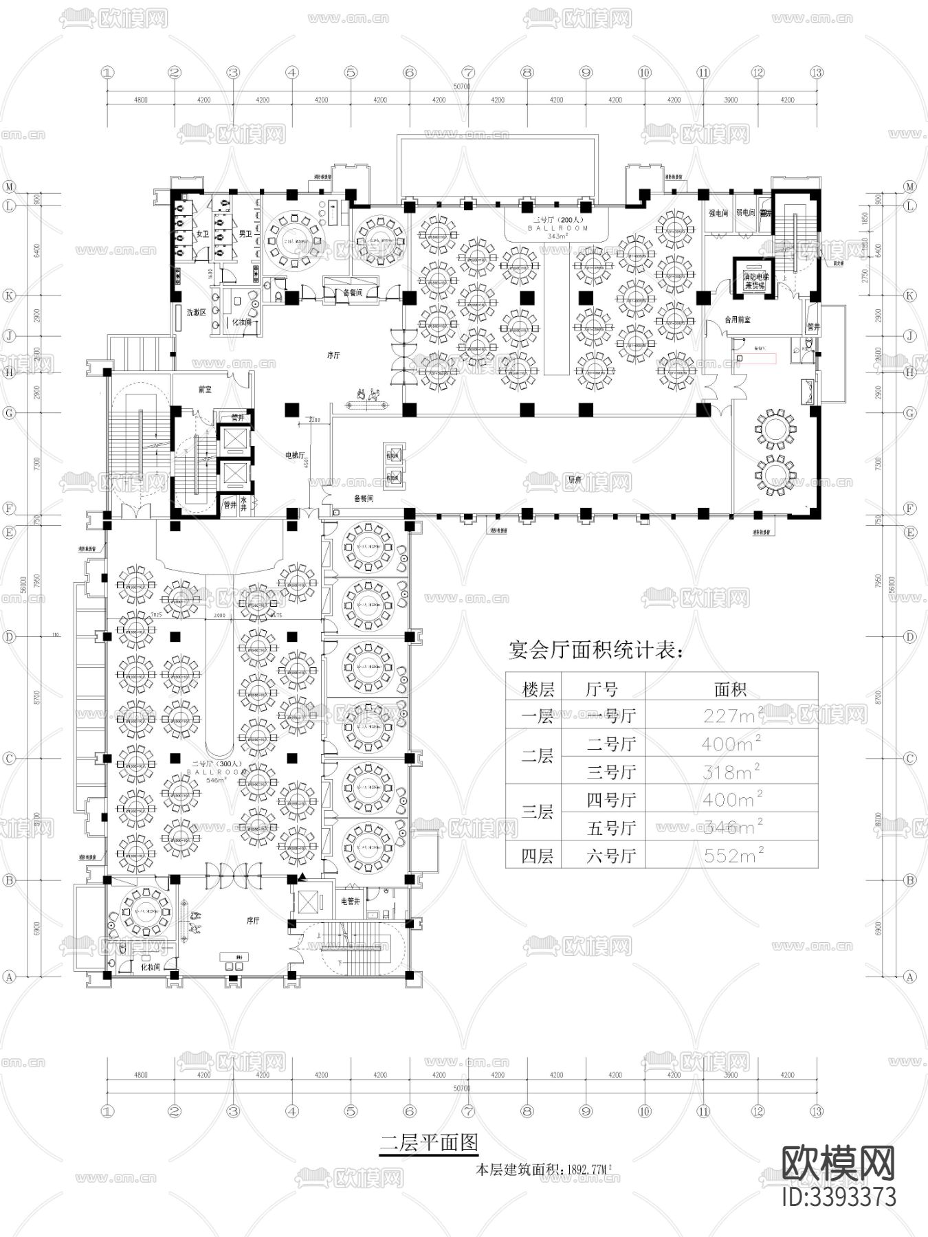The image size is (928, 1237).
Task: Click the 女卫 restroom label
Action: (x=201, y=234)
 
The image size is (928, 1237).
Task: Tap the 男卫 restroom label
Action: (x=245, y=234)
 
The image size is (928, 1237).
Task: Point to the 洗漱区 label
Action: (x=197, y=313)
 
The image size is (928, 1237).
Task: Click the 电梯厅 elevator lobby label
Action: (x=296, y=455)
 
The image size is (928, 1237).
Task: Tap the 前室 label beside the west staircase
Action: (x=204, y=389)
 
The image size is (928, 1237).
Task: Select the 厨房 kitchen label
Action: (x=575, y=480)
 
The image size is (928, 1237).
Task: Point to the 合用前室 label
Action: (x=738, y=320)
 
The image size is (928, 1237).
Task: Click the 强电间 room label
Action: (x=718, y=214)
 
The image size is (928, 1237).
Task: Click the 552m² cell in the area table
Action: (x=731, y=856)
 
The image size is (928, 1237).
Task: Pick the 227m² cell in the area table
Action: (x=731, y=715)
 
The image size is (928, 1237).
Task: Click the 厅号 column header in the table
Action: (x=602, y=689)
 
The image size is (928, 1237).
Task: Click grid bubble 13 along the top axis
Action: (x=816, y=72)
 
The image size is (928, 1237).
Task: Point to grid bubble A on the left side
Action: (x=9, y=977)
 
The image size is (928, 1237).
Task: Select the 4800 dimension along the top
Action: (x=140, y=100)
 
